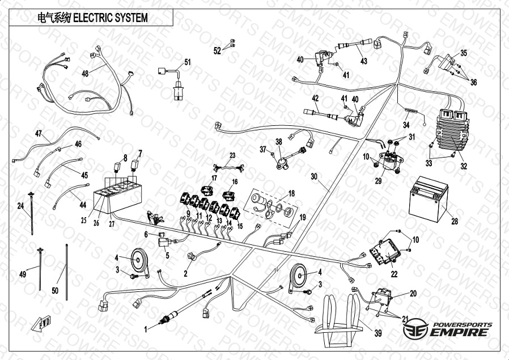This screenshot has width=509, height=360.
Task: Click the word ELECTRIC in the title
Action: (90, 18)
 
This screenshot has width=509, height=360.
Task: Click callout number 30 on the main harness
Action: (315, 176)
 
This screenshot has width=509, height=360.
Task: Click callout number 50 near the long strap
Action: (55, 290)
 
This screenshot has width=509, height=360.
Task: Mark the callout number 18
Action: (291, 193)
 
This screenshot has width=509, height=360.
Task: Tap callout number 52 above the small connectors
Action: (217, 51)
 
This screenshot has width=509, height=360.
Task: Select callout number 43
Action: (363, 61)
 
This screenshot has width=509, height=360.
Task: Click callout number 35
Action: (464, 53)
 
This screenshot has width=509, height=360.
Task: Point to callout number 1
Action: (146, 328)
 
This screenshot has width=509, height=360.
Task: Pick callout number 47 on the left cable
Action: (39, 134)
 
